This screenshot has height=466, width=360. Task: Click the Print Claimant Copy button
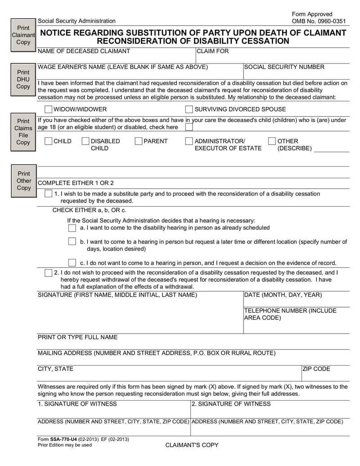(x=23, y=35)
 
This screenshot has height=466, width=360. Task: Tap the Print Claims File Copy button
(x=23, y=131)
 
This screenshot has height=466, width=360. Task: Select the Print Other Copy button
(x=23, y=181)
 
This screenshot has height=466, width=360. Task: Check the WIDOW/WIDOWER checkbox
(x=49, y=109)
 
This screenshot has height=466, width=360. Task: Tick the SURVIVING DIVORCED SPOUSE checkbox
(x=189, y=109)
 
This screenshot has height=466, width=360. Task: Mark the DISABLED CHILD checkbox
(x=85, y=141)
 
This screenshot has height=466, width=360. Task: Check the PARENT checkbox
(x=139, y=141)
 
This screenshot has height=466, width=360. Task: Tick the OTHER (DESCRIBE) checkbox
(x=272, y=141)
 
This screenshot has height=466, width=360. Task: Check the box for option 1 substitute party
(x=49, y=194)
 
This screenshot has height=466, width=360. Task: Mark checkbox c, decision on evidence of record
(x=72, y=262)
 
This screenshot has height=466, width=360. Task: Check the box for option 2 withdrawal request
(x=49, y=272)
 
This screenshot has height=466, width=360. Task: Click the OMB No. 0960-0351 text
(x=319, y=21)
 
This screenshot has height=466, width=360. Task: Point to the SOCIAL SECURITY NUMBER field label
(x=284, y=67)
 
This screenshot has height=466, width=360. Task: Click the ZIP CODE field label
(x=316, y=369)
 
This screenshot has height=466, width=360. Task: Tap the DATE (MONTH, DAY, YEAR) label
(x=283, y=295)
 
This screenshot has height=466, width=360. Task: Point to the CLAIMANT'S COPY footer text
(x=192, y=445)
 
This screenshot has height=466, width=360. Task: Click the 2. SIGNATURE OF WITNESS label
(x=231, y=404)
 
